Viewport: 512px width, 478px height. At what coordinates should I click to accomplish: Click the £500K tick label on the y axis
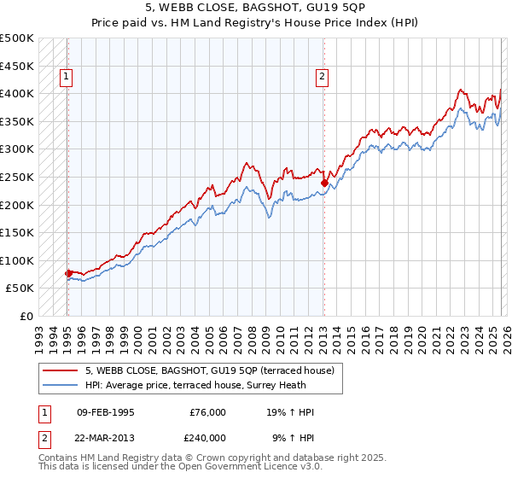[17, 38]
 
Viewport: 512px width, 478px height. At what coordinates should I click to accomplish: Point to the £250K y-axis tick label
[17, 177]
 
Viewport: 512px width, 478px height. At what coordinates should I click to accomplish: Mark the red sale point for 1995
[68, 273]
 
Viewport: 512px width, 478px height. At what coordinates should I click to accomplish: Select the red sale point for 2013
[324, 182]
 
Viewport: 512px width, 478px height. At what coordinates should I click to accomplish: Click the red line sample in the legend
[61, 370]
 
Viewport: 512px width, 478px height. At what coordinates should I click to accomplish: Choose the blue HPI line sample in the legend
[61, 384]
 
